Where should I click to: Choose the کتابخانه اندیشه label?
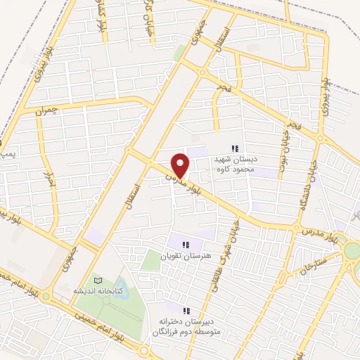point(99,290)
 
